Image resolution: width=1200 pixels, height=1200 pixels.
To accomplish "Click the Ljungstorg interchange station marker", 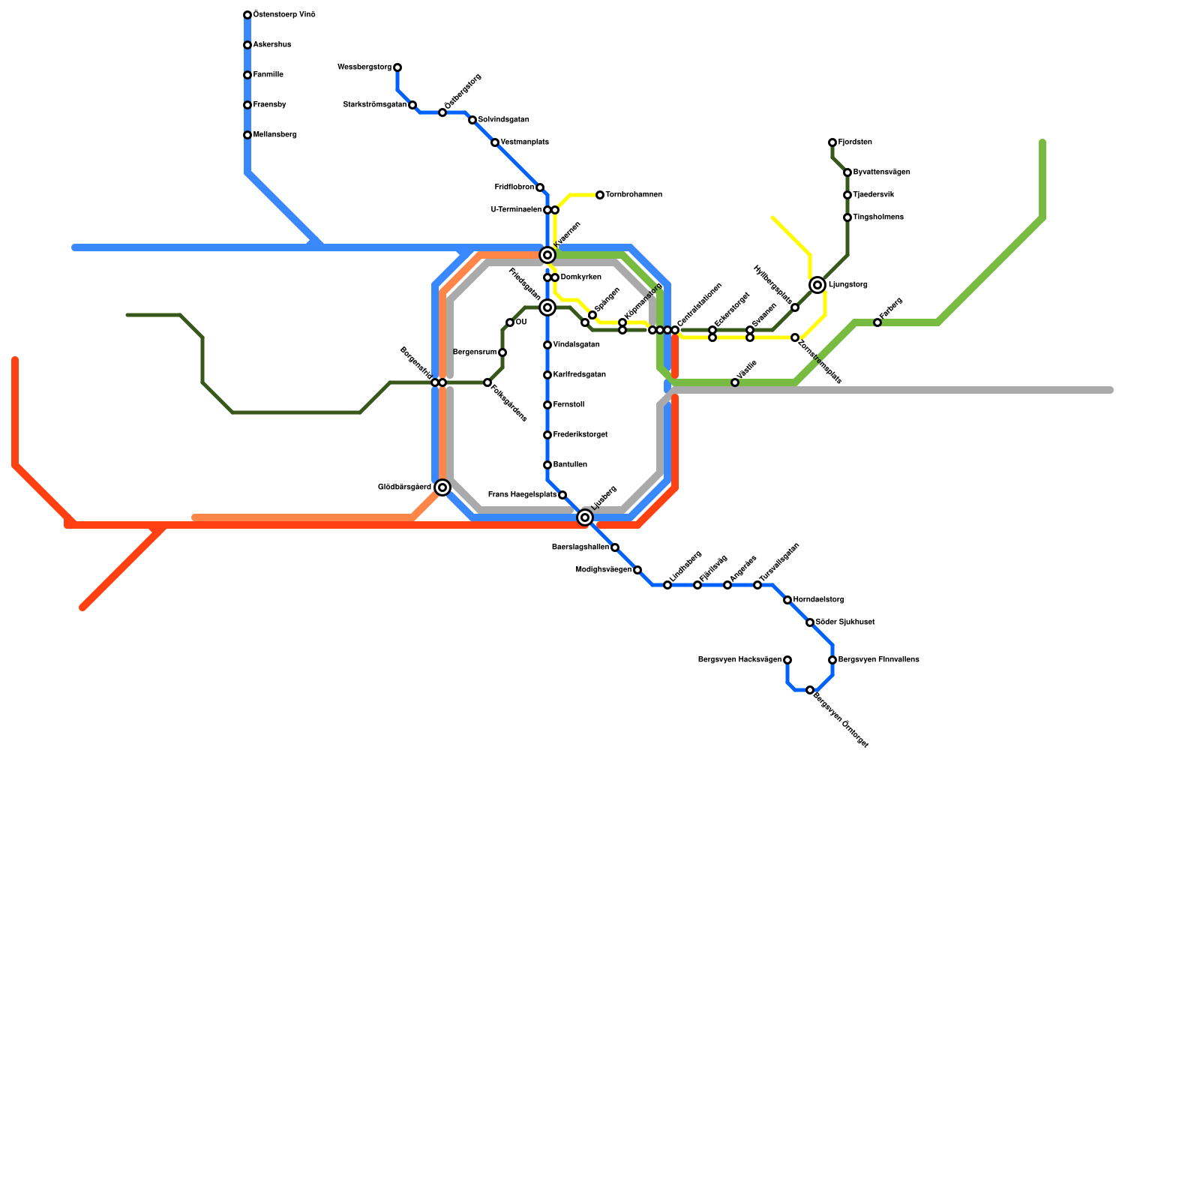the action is tap(817, 285).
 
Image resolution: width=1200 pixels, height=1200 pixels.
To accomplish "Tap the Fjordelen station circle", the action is tap(832, 142).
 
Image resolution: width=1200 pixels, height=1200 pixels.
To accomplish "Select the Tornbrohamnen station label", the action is tap(634, 195).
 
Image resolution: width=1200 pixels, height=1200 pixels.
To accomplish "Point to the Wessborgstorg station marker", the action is tap(397, 67).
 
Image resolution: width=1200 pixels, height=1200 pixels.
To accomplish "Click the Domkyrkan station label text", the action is tap(580, 277).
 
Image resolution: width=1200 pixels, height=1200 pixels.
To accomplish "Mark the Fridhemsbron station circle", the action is tap(540, 187).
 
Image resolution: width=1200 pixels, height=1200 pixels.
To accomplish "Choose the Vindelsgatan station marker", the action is tap(547, 345).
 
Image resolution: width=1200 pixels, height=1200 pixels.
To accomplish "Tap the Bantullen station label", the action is tap(570, 465).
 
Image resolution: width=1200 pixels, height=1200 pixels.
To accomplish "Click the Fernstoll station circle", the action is tap(547, 405).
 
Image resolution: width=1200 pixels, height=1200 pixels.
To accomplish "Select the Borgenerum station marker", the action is tap(502, 352).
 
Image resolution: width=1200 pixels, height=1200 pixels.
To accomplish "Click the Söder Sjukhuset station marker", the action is tap(810, 622).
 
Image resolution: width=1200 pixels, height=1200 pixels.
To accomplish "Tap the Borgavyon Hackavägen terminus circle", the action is tap(787, 660).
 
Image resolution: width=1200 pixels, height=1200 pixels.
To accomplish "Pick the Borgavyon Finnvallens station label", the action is tap(878, 660).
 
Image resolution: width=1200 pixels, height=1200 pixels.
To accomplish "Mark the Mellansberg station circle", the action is tap(247, 135).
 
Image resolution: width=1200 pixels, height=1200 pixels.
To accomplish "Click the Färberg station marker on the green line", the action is tap(877, 322).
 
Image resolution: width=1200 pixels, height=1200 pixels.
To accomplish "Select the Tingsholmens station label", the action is tap(878, 217).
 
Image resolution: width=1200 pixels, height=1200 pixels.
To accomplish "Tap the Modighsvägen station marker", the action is tap(637, 570).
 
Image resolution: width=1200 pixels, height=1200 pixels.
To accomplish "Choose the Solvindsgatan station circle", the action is tap(472, 120).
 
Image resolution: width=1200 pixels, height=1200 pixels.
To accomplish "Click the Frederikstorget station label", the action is tap(580, 435).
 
